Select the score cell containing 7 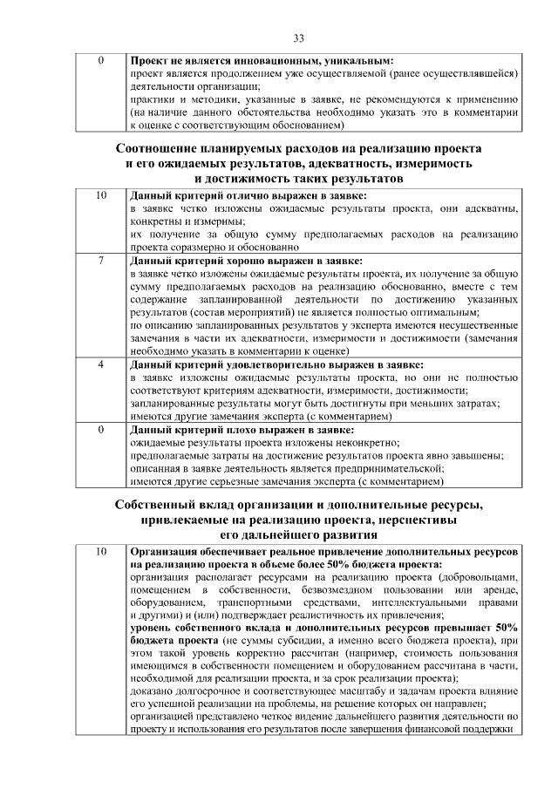(101, 261)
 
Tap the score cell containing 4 (101, 364)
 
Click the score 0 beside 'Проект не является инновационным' (101, 62)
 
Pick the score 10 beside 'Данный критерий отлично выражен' (101, 196)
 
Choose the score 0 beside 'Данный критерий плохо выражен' (101, 430)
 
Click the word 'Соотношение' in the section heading (159, 148)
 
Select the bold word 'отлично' (241, 196)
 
